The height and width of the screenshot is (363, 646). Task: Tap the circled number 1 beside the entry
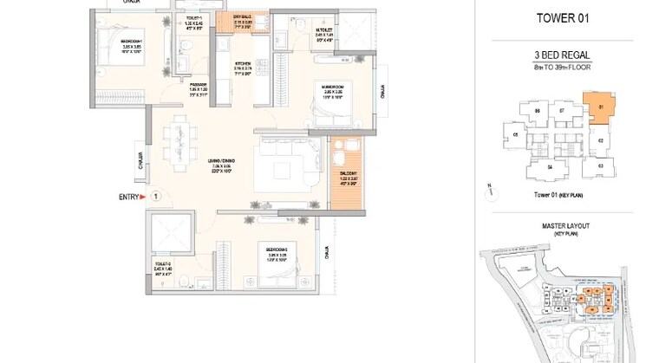(153, 198)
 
